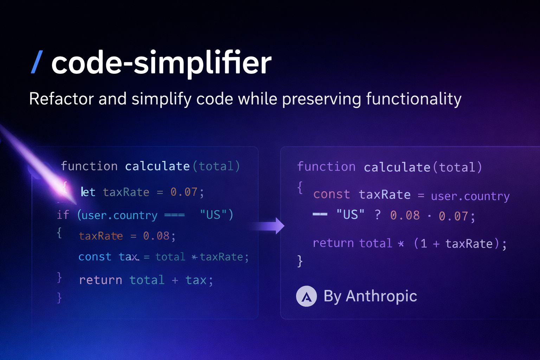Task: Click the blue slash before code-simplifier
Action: [37, 62]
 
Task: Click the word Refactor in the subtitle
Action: [61, 99]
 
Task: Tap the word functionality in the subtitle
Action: [414, 99]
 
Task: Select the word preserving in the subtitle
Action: [322, 99]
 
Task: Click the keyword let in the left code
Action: [88, 192]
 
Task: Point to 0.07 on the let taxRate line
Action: [184, 192]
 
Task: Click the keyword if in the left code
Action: [63, 214]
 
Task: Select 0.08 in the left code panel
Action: [156, 236]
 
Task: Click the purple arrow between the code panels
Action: [268, 226]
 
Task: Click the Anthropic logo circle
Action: [307, 296]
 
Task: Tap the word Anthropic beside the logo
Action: [381, 296]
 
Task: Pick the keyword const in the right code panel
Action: [332, 194]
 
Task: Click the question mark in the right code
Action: [378, 215]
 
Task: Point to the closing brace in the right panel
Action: [300, 261]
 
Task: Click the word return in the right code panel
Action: [333, 243]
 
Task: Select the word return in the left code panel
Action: [101, 280]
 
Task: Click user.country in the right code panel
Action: [470, 196]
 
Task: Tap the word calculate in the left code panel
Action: [157, 166]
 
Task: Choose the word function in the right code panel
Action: [326, 167]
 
